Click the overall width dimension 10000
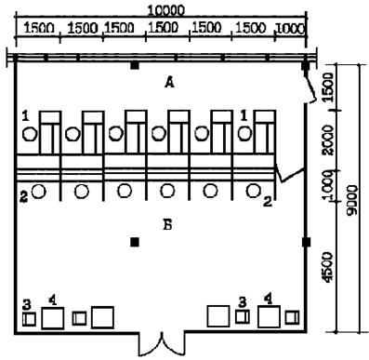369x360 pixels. [x=165, y=11]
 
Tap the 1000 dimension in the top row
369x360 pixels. [x=290, y=29]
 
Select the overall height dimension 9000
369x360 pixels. [x=352, y=200]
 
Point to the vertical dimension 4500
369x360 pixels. [x=327, y=267]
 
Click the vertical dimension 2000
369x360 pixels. [x=327, y=140]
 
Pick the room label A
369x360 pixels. [x=169, y=83]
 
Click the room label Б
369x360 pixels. [x=167, y=225]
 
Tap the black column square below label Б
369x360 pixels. [x=135, y=242]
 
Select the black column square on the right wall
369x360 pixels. [x=306, y=242]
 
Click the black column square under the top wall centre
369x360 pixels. [x=135, y=65]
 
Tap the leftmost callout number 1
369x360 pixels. [x=26, y=116]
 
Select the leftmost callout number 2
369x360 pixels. [x=24, y=197]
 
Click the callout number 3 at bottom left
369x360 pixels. [x=27, y=305]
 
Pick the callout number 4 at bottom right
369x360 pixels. [x=269, y=300]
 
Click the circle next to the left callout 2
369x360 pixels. [x=39, y=192]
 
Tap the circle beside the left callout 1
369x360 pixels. [x=30, y=134]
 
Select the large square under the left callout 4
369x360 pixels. [x=53, y=318]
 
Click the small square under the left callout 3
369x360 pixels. [x=29, y=319]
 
